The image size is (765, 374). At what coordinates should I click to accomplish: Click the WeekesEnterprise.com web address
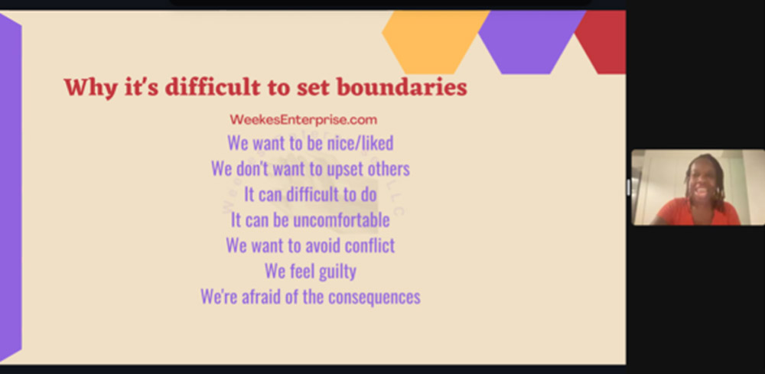coord(303,120)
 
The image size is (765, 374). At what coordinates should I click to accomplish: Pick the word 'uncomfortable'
coord(341,220)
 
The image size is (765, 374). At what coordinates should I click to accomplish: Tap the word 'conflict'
coord(369,245)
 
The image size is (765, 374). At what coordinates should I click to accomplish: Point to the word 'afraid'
coord(261,297)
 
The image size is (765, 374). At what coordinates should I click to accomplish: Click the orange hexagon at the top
coord(435,42)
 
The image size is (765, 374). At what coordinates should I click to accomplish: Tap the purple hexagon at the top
coord(532,42)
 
